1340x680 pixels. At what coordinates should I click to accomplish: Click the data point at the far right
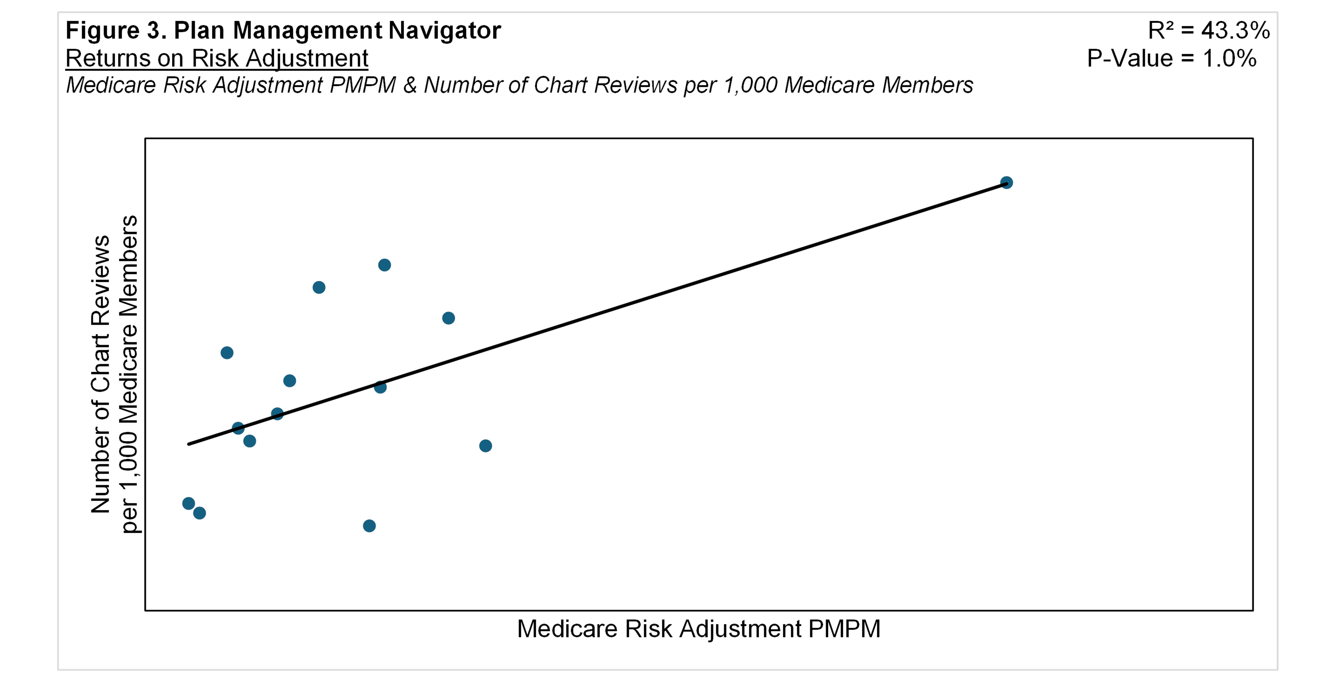(x=1006, y=183)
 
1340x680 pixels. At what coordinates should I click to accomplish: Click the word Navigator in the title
(x=445, y=31)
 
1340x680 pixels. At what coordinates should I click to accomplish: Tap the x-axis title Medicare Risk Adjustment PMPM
(x=698, y=629)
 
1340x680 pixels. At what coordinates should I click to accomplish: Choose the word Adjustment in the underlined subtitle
(x=307, y=58)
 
